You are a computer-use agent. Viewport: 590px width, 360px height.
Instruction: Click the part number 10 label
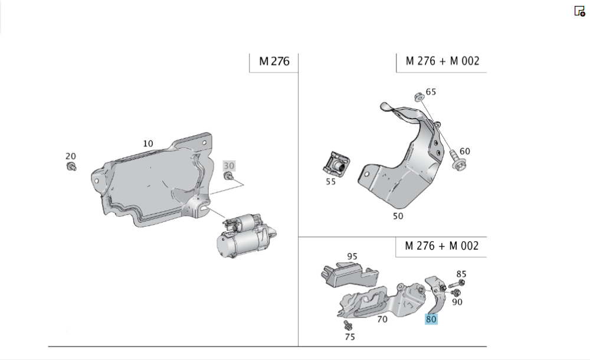tap(147, 143)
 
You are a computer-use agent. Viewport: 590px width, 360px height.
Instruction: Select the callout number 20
tap(71, 156)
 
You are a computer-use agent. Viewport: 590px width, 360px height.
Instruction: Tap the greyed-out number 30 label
tap(229, 166)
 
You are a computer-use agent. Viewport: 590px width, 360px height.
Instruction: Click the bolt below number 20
tap(71, 168)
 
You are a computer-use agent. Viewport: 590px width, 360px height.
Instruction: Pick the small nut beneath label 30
tap(230, 176)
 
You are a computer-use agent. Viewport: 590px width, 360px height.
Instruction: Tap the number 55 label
tap(330, 182)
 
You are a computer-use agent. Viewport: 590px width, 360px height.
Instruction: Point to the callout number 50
tap(398, 216)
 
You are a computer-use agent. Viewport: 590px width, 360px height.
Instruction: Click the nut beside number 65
tap(417, 96)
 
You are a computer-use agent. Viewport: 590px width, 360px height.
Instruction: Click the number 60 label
tap(465, 152)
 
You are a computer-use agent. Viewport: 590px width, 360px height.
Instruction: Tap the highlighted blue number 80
tap(431, 319)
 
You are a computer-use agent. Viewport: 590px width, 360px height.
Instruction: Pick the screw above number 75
tap(348, 325)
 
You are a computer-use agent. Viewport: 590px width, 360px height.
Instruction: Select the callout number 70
tap(382, 319)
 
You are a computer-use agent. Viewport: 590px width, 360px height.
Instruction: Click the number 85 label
tap(461, 274)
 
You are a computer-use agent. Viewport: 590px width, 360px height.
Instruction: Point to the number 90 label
tap(457, 302)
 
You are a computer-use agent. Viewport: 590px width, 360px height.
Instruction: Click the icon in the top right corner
tap(579, 11)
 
